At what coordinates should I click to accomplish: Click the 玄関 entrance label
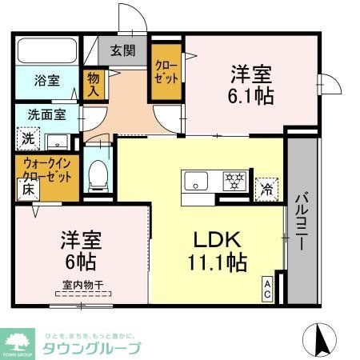(x=122, y=51)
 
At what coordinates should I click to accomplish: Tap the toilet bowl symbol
(x=98, y=174)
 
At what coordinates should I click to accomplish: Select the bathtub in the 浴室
(x=46, y=54)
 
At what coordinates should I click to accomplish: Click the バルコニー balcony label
(x=302, y=222)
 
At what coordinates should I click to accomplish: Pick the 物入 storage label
(x=94, y=84)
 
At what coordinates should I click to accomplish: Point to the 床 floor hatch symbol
(x=26, y=190)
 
